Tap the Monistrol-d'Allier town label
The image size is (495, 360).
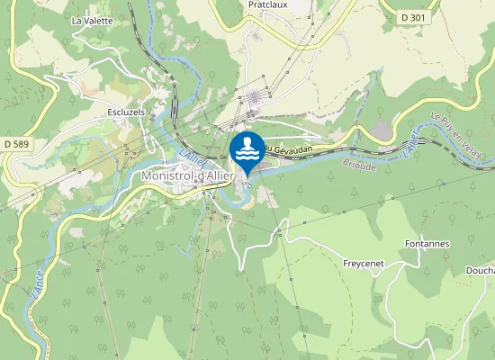click(x=188, y=176)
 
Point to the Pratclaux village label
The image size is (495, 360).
click(x=267, y=4)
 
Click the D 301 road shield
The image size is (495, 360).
click(x=416, y=16)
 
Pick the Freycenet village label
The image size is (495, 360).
click(x=364, y=265)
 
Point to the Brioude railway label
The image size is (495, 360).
click(x=360, y=166)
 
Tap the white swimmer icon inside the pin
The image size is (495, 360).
click(x=247, y=148)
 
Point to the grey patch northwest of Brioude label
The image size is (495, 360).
click(x=383, y=130)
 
